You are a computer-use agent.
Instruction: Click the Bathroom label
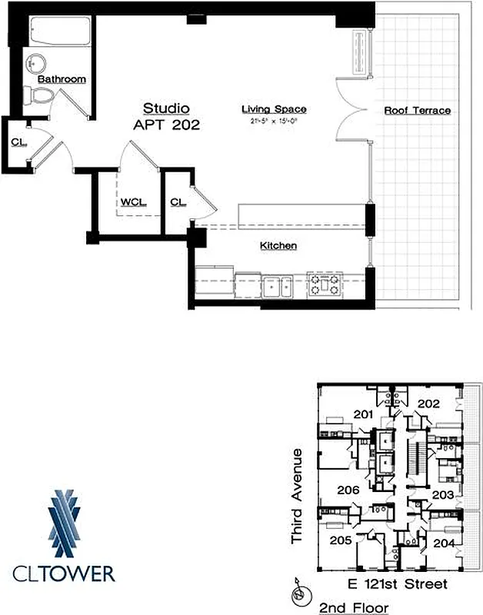[62, 79]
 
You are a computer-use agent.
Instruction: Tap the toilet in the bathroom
[39, 95]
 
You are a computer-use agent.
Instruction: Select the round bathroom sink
[35, 62]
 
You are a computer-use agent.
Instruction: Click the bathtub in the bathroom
[59, 32]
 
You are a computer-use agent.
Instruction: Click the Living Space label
[275, 110]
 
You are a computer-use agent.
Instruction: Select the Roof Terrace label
[418, 111]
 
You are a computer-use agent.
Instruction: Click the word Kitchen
[278, 246]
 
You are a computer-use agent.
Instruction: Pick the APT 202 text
[167, 125]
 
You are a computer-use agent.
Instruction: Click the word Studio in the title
[167, 108]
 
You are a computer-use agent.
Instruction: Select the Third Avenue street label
[298, 496]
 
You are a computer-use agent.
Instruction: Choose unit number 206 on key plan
[348, 490]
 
